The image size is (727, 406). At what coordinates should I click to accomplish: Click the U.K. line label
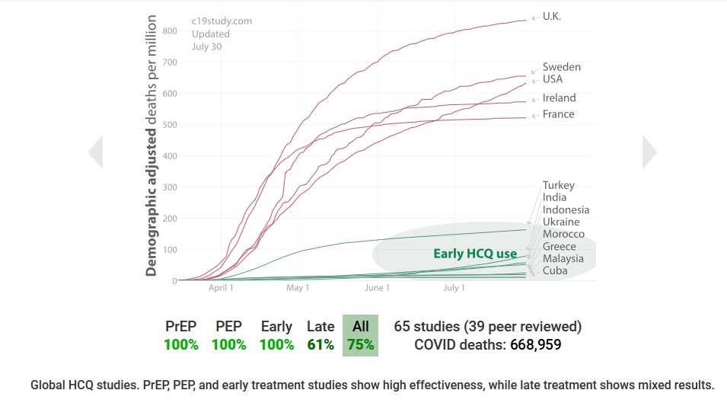[x=552, y=17]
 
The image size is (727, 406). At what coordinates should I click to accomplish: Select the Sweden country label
[x=562, y=67]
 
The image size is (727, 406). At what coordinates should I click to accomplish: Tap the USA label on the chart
[x=553, y=79]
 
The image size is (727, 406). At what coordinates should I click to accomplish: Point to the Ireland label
[x=559, y=98]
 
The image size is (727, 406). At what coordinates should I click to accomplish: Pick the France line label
[x=559, y=114]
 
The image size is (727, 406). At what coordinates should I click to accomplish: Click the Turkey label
[x=559, y=185]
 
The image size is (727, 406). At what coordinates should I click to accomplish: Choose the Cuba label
[x=556, y=270]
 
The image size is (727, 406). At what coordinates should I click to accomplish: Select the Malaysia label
[x=563, y=258]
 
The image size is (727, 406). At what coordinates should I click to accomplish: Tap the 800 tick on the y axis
[x=169, y=31]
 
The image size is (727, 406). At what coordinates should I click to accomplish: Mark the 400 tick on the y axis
[x=169, y=156]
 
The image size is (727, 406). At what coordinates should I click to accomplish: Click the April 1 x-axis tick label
[x=221, y=288]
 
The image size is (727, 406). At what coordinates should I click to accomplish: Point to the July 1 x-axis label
[x=454, y=288]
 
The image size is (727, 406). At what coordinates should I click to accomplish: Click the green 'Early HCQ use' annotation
[x=475, y=254]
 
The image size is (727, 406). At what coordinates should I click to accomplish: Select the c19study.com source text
[x=222, y=21]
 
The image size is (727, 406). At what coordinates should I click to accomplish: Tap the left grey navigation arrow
[x=95, y=152]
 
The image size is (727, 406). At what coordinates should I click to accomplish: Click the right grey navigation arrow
[x=649, y=152]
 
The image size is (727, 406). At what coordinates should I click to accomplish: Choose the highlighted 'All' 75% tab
[x=360, y=335]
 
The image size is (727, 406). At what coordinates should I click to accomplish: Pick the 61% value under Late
[x=320, y=344]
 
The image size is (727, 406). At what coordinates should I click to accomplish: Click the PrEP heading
[x=181, y=326]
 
